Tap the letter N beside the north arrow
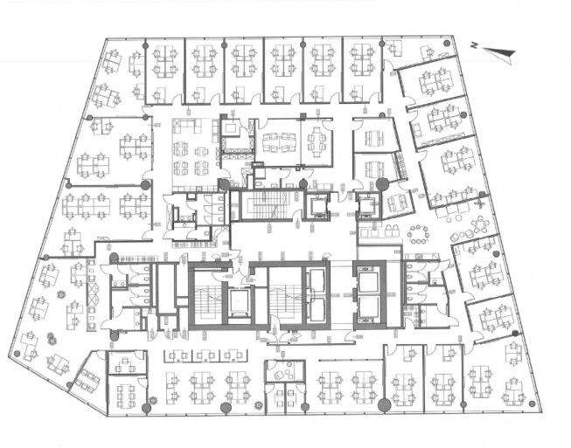pyautogui.click(x=474, y=45)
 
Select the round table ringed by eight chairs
pyautogui.click(x=418, y=235)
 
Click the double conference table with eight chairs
pyautogui.click(x=279, y=142)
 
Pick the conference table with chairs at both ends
pyautogui.click(x=317, y=141)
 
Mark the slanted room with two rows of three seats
pyautogui.click(x=87, y=381)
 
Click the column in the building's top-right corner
pyautogui.click(x=446, y=44)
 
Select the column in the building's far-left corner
pyautogui.click(x=17, y=353)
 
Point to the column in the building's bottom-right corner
pyautogui.click(x=532, y=403)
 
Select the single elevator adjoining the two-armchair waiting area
pyautogui.click(x=368, y=205)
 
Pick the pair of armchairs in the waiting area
pyautogui.click(x=392, y=231)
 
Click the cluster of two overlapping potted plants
pyautogui.click(x=52, y=339)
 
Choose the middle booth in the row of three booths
pyautogui.click(x=205, y=355)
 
